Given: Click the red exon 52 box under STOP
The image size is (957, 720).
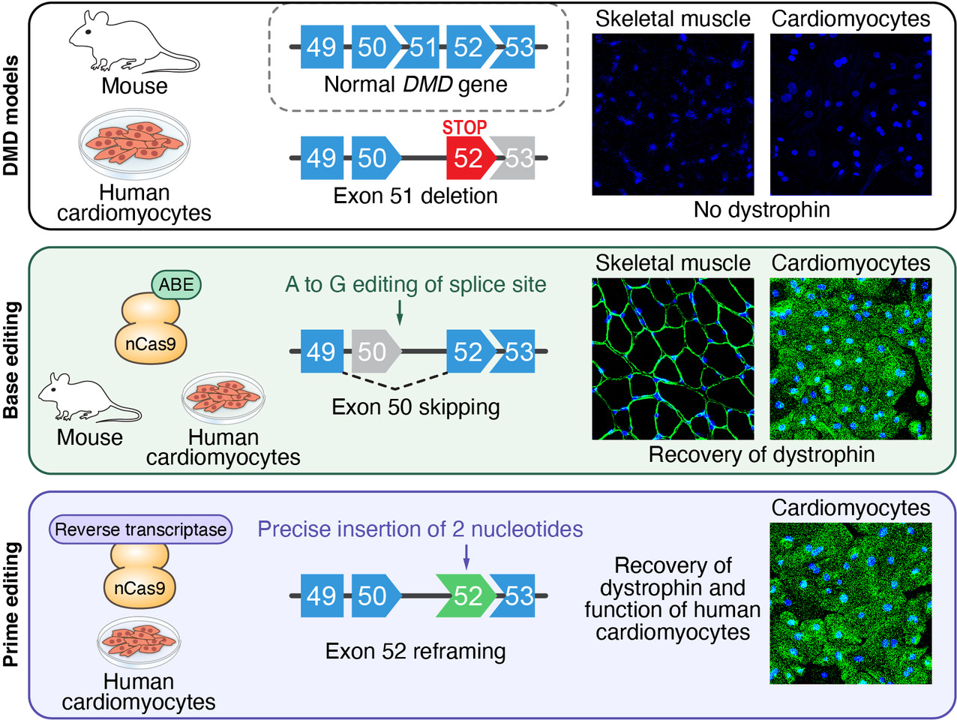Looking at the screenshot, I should pos(469,158).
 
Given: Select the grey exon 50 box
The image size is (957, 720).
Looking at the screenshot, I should pos(373,351).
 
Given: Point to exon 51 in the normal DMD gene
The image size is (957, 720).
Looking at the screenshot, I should pos(421,47).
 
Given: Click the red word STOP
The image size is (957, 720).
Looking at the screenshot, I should pos(464,127).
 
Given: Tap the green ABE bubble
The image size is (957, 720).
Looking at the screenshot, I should pos(176,284).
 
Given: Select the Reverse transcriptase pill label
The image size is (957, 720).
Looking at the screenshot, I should pos(141,529).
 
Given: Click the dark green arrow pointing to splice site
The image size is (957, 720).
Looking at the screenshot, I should pos(400,312).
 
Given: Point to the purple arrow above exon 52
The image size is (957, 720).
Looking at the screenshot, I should pos(466,556).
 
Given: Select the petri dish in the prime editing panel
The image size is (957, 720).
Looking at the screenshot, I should pos(139,642).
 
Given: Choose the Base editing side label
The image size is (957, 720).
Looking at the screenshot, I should pos(12,360).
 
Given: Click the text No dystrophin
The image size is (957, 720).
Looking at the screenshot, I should pos(761,209).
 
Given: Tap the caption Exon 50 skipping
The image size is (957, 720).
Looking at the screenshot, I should pos(415,407).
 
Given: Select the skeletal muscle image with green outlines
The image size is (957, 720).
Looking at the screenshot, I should pos(673,358).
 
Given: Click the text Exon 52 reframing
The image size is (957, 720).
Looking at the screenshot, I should pos(415,651).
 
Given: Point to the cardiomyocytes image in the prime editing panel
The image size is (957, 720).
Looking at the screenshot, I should pos(850,603).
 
